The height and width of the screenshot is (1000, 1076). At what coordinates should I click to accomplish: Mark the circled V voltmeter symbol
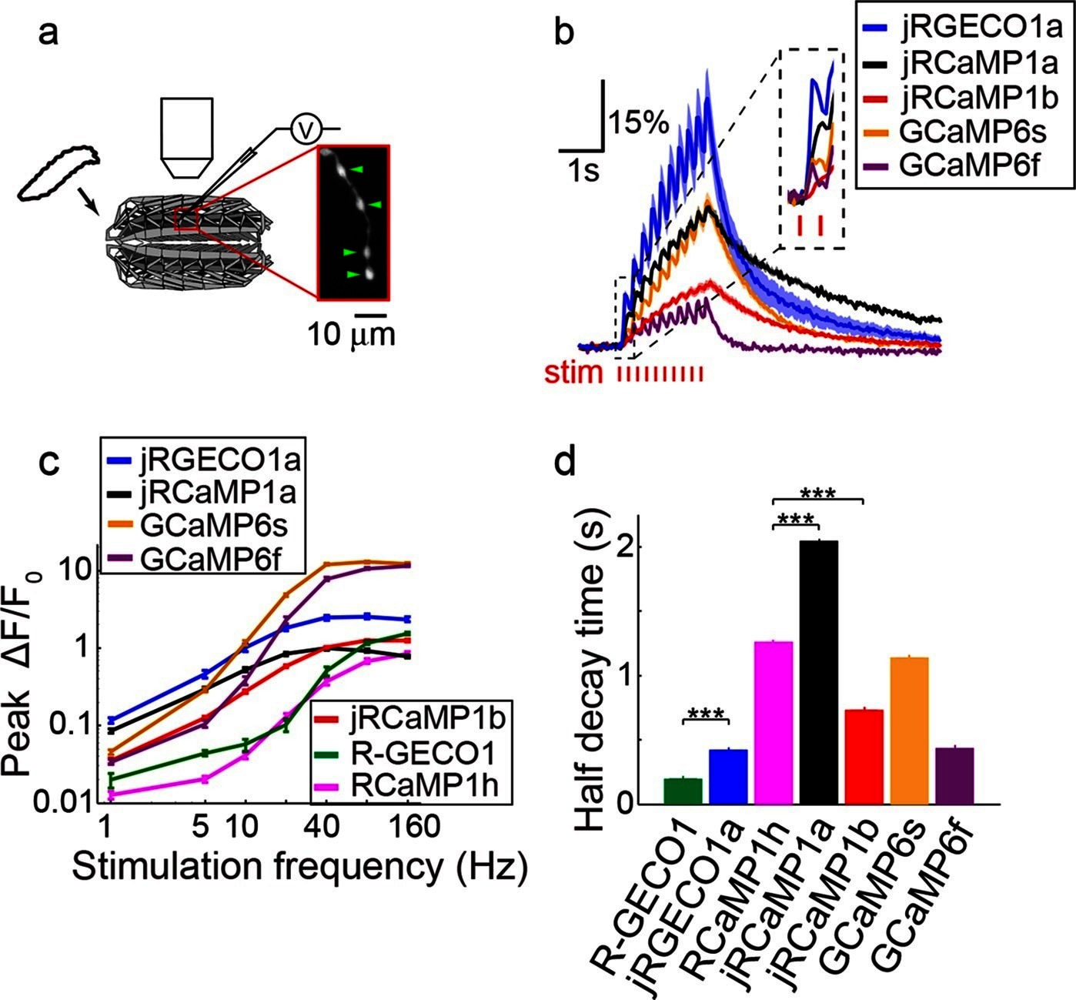(x=305, y=130)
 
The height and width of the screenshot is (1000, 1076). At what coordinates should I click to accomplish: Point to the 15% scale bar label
(x=638, y=122)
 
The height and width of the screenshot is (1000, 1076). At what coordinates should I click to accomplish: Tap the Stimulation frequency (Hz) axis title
(x=300, y=867)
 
